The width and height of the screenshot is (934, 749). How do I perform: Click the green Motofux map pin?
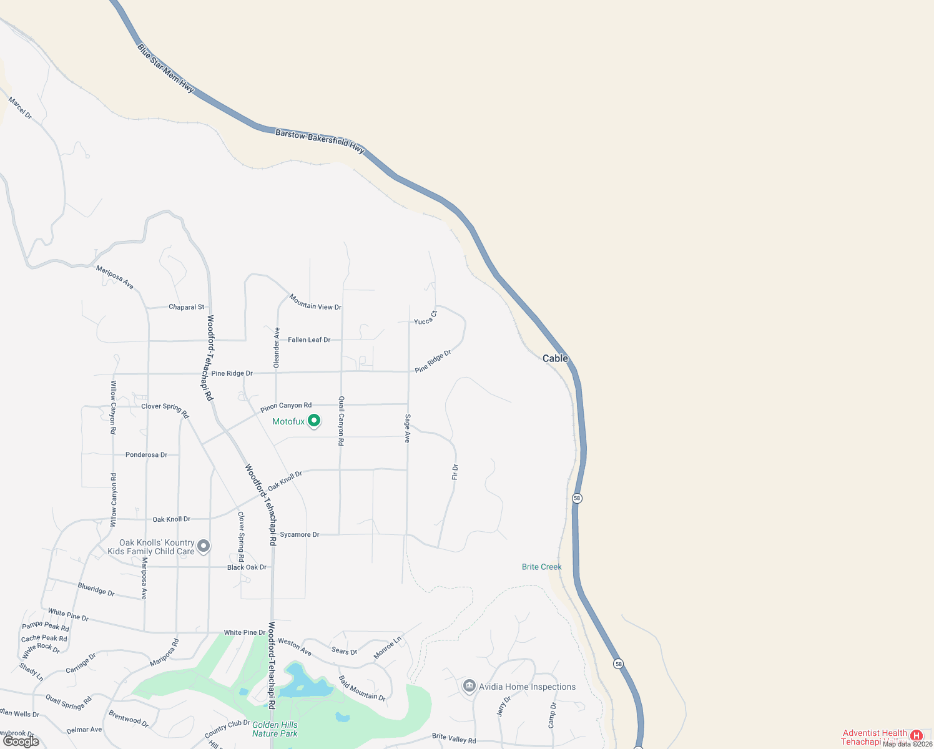pos(314,421)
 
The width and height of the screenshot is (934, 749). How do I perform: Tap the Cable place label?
pos(555,358)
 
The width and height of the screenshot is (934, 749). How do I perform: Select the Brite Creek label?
pos(541,567)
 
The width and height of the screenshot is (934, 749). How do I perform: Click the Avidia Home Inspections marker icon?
pos(469,686)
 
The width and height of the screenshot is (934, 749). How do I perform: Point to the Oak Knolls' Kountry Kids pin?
pos(204,547)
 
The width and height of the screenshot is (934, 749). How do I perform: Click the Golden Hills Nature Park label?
pos(275,729)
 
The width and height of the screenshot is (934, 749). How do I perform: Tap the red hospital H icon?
pos(916,735)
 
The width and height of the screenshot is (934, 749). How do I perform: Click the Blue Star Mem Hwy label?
pos(165,68)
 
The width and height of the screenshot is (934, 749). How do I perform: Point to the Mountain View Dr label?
pos(315,303)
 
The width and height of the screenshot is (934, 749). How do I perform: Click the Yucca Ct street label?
pos(426,318)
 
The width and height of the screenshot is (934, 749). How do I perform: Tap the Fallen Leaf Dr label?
pos(309,340)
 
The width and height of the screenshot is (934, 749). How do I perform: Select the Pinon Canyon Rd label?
pos(286,407)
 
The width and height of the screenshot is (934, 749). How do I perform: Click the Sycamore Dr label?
pos(299,534)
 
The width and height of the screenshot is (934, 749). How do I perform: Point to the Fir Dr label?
pos(455,472)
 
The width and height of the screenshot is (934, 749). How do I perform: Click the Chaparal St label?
pos(186,307)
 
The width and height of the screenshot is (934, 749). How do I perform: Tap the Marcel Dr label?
pos(20,107)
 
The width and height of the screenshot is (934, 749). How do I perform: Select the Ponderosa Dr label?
pos(146,454)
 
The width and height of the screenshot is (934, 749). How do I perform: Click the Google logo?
pos(21,742)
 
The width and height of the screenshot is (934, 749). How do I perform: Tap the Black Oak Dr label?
pos(247,567)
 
